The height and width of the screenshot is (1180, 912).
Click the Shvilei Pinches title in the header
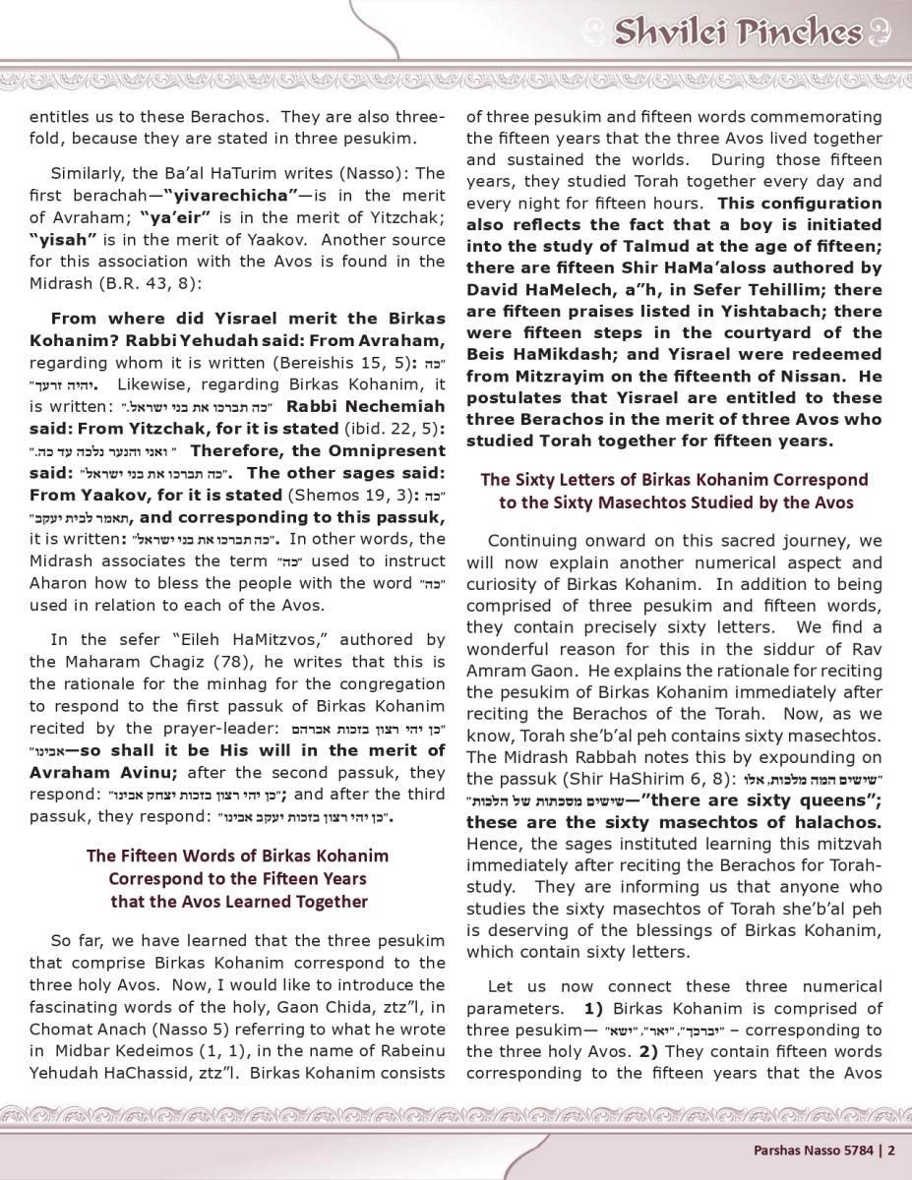coord(737,32)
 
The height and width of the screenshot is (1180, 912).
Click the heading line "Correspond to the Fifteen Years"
coord(237,878)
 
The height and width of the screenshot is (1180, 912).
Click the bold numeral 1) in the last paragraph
coord(594,1008)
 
